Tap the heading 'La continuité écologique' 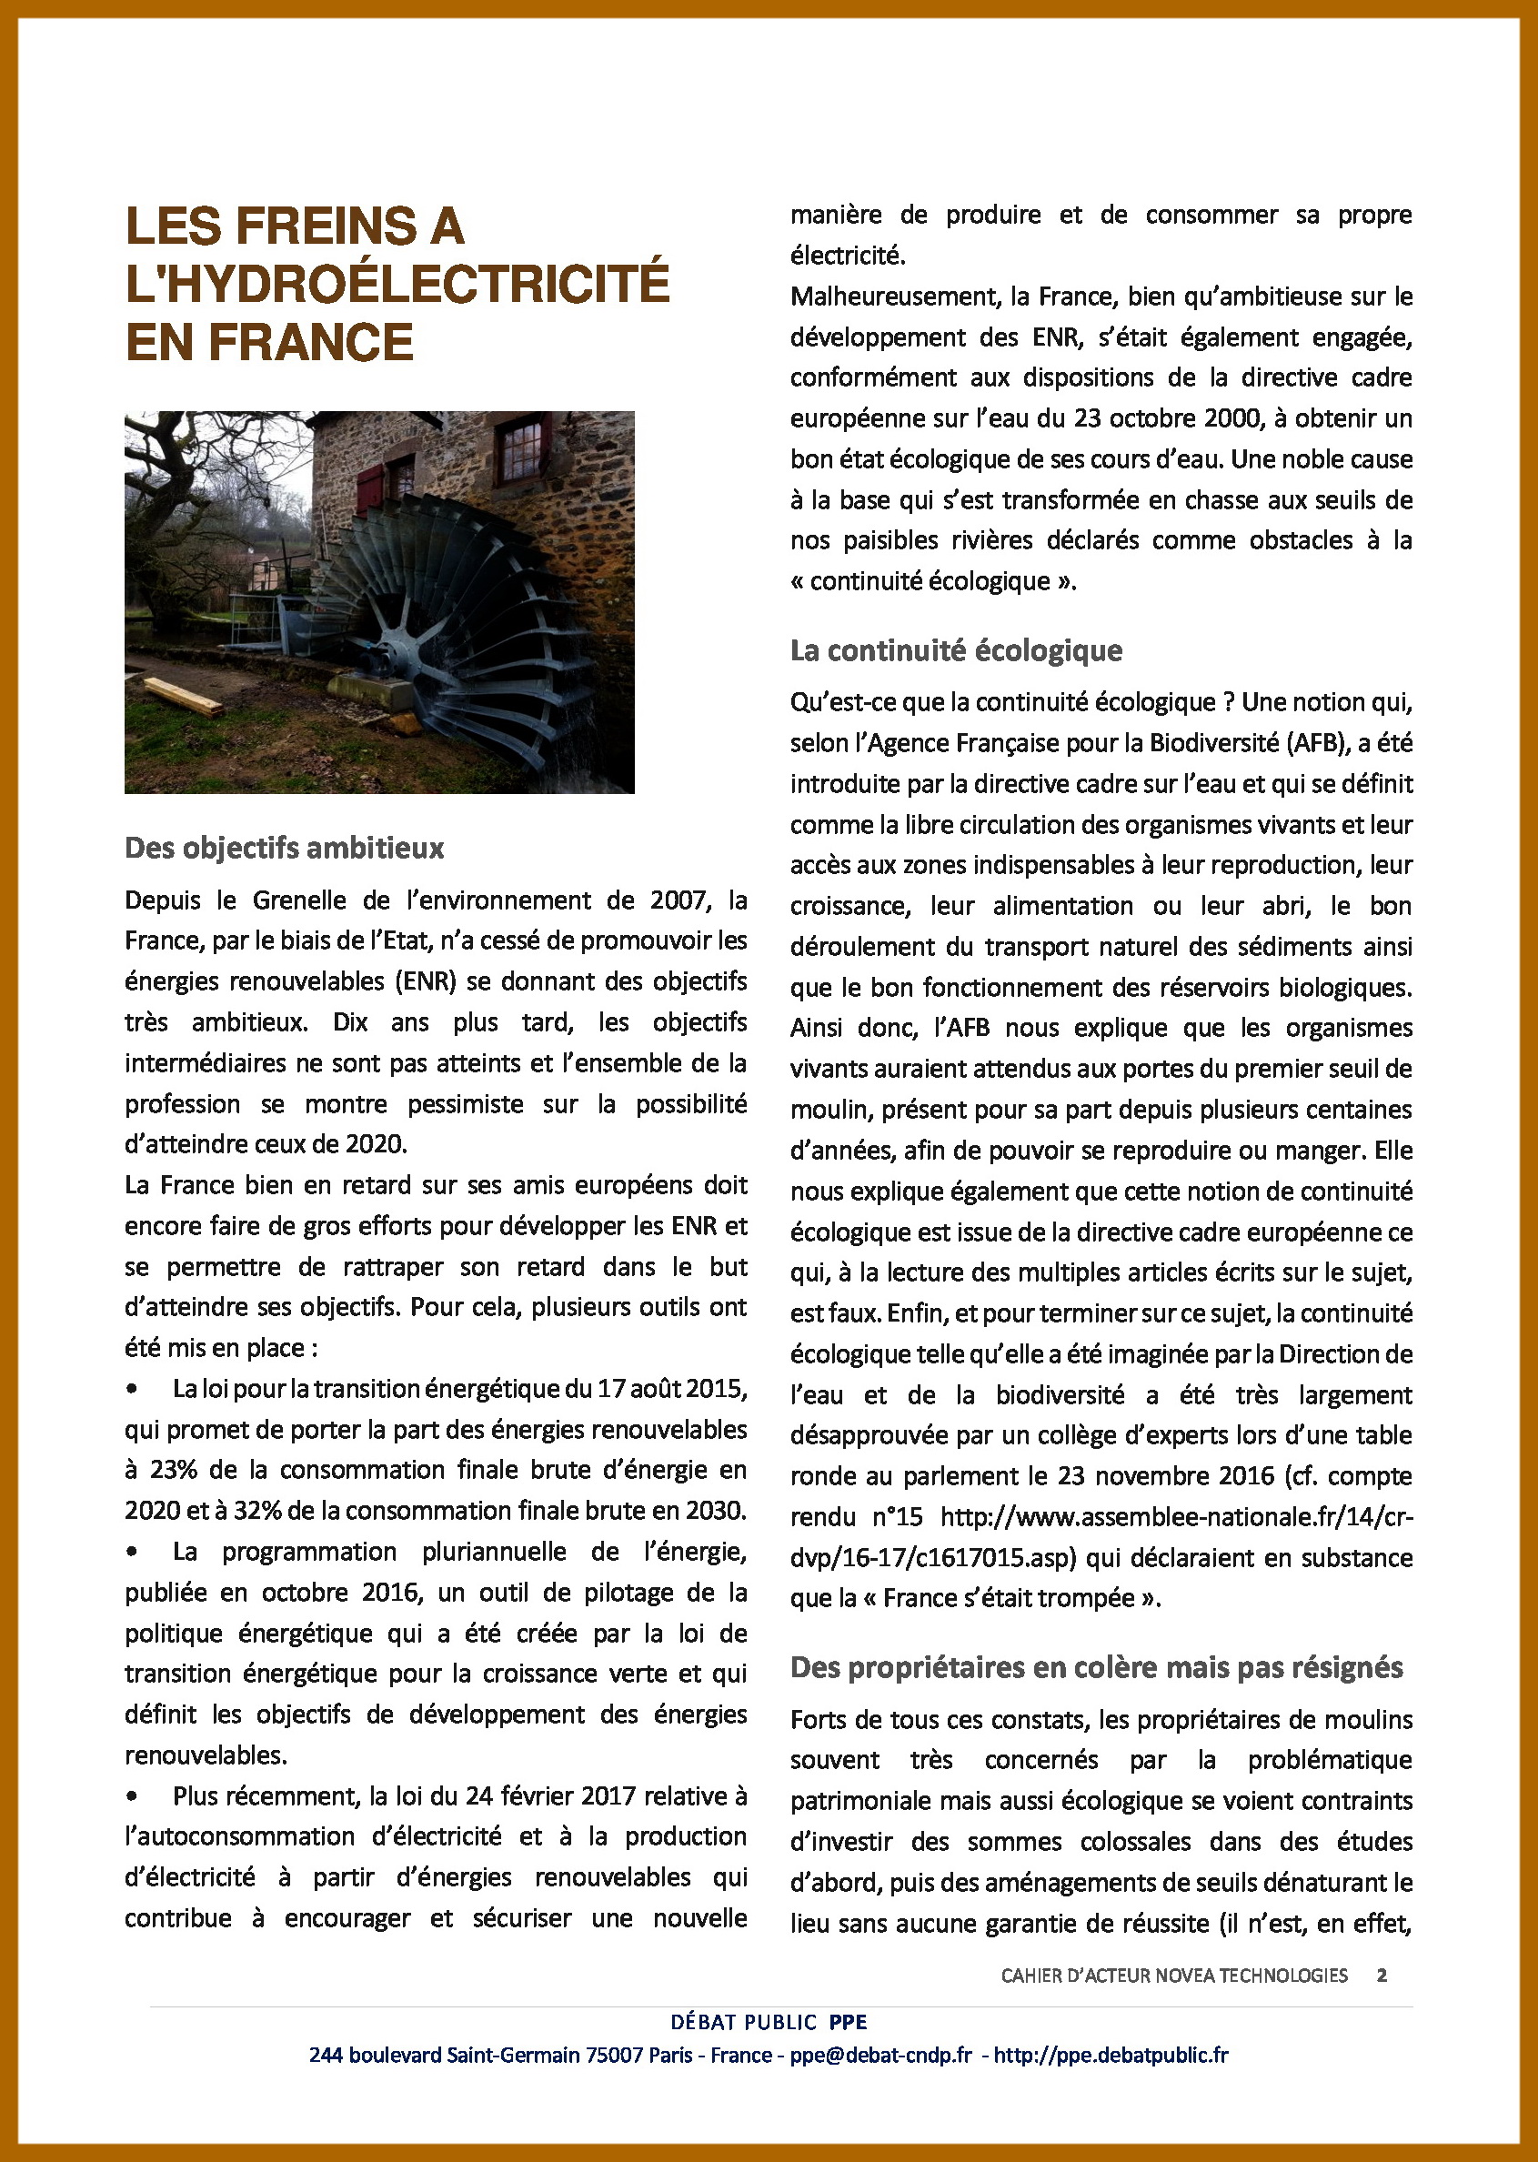tap(956, 650)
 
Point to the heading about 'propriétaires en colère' tap(1096, 1666)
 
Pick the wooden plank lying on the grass tap(183, 696)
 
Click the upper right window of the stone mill tap(519, 451)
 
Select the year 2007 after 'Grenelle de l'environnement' tap(677, 900)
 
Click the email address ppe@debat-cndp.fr tap(880, 2054)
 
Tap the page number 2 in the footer tap(1382, 1975)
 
